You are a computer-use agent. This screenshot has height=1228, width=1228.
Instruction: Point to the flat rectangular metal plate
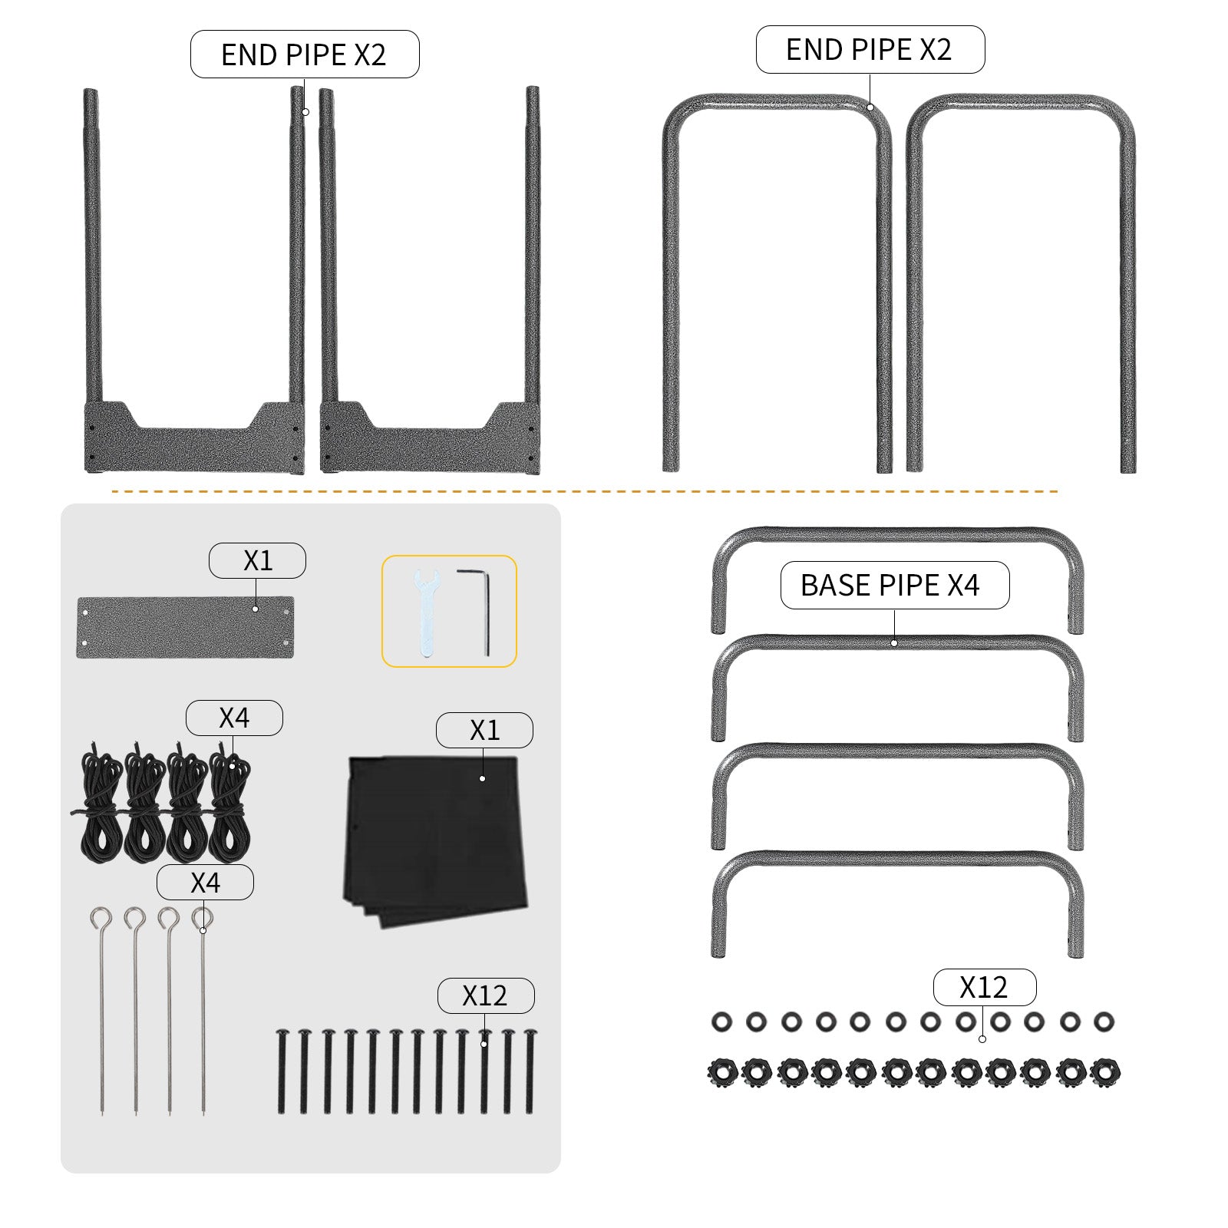(185, 627)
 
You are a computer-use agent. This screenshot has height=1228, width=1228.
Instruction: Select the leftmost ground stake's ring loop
(101, 918)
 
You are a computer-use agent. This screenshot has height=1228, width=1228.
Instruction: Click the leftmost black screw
(282, 1071)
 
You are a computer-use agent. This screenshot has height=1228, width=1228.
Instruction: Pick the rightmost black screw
(530, 1071)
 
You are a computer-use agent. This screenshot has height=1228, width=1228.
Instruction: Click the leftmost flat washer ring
(721, 1022)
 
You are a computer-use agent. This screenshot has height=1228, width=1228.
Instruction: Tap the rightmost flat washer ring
(1104, 1022)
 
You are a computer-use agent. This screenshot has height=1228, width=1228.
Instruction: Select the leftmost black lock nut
(722, 1071)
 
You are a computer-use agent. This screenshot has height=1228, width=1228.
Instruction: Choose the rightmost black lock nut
(1105, 1071)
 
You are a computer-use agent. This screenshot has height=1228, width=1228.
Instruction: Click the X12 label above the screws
(486, 995)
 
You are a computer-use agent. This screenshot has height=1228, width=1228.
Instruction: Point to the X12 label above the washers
(985, 987)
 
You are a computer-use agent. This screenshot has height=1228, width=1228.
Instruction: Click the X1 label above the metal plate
(257, 560)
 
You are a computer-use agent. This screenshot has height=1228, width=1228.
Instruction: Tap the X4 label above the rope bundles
(234, 718)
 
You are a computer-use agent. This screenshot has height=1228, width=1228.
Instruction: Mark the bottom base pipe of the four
(897, 903)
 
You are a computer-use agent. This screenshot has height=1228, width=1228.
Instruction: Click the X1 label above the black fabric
(484, 730)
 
